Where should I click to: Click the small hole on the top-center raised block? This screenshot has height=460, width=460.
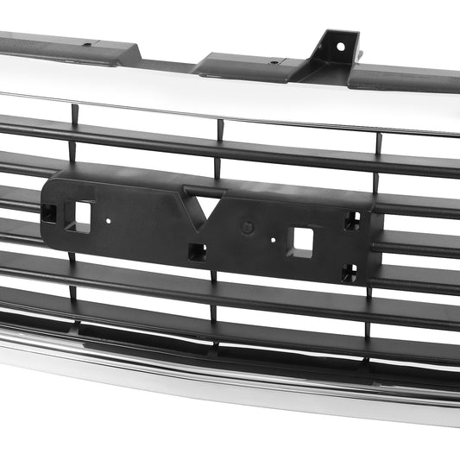coord(274,62)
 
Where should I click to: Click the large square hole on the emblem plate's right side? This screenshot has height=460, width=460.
coord(303,239)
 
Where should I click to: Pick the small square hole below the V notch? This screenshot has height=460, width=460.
coord(197,251)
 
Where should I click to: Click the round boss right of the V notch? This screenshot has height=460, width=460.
coord(247,229)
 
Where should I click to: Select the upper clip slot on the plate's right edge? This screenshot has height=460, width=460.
coord(352,221)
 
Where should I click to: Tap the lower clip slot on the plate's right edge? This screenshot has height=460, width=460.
coord(349,274)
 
